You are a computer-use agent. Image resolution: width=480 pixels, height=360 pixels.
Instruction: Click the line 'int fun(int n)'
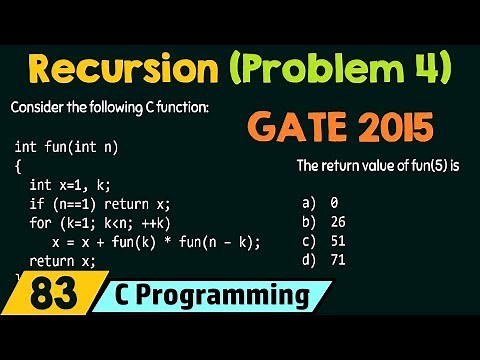click(66, 148)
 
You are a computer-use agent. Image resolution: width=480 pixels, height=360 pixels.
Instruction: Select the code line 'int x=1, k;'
click(77, 185)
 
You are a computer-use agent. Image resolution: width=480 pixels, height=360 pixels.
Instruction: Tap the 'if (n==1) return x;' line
click(101, 204)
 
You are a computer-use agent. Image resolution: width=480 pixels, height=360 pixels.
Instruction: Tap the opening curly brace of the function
click(18, 167)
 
